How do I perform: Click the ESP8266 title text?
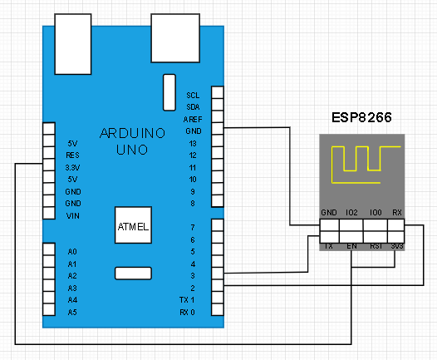coord(361,117)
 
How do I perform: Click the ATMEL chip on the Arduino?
coord(133,225)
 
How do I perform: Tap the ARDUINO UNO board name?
coord(132,141)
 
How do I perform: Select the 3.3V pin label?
coord(72,168)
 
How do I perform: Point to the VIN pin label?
coord(73,216)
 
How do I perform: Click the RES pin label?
coord(73,155)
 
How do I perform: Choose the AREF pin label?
coord(193,120)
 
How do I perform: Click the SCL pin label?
coord(193,96)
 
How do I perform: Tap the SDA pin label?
coord(193,107)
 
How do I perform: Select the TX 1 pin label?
coord(187,300)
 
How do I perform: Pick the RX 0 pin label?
coord(187,313)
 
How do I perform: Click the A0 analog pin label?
coord(72,252)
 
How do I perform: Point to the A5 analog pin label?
coord(72,313)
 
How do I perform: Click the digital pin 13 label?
coord(193,144)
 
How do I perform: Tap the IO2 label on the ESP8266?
coord(351,213)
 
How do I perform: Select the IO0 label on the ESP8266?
coord(376,213)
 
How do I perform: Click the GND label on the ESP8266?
coord(329,213)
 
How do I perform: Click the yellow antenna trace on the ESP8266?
coord(331,165)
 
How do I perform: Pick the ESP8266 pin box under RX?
coord(396,225)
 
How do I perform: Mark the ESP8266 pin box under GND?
coord(330,225)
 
